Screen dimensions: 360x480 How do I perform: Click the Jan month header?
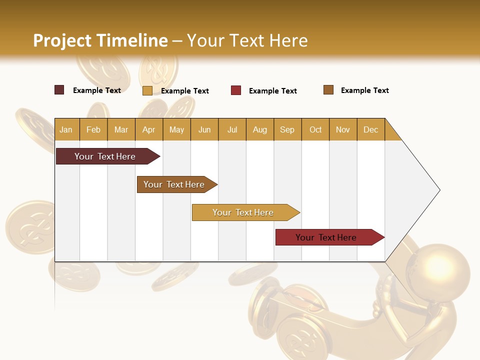point(66,129)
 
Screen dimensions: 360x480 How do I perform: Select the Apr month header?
point(148,129)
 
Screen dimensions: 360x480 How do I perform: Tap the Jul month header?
point(232,129)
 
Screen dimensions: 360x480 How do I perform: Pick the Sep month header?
point(287,129)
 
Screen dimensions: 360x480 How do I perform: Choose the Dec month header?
point(370,129)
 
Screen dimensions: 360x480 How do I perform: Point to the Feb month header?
point(93,129)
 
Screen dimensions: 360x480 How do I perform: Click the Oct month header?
point(315,129)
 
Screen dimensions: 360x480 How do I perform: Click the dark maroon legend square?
point(59,90)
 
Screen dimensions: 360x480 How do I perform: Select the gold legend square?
point(147,90)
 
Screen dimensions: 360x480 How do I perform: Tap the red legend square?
point(236,90)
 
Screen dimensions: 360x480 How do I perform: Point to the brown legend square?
point(328,90)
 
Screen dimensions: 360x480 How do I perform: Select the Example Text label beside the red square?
point(272,90)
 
